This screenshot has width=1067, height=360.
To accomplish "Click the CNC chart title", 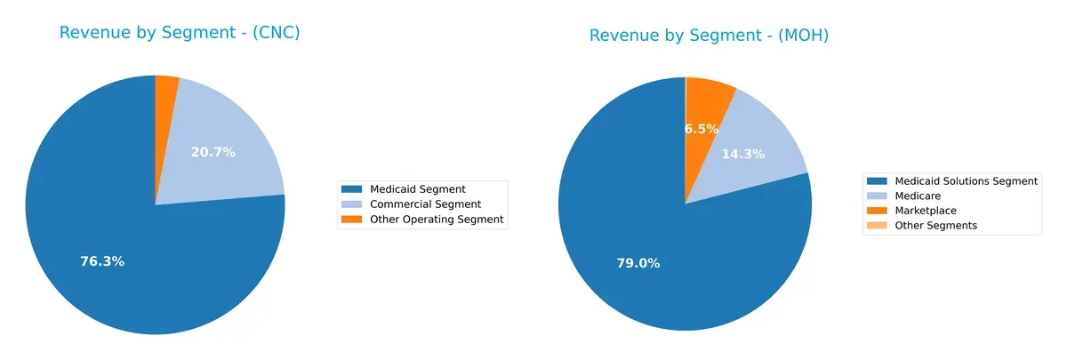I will point(179,33).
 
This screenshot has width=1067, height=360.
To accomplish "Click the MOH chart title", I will point(709,36).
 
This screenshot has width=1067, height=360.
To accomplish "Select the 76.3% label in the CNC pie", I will point(102,261).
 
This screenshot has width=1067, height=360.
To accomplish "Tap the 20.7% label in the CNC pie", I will point(213,152).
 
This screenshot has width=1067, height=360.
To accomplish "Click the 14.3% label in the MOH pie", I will point(742,154).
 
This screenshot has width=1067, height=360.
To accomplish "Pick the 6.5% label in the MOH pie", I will point(702,129).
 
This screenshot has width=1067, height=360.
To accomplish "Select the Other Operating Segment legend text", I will point(437,219).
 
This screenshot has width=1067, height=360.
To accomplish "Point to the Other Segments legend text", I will point(936,226).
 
